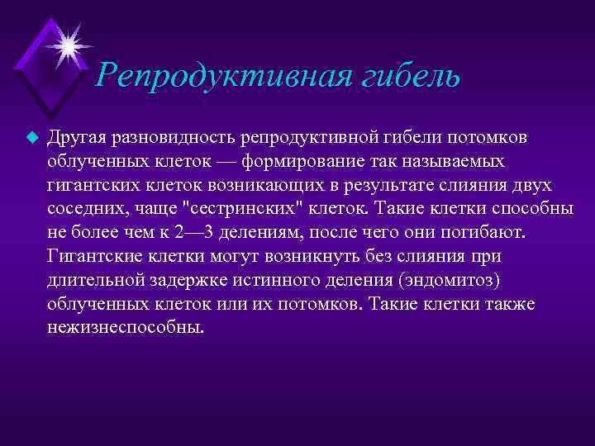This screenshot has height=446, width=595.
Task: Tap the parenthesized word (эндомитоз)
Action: click(450, 280)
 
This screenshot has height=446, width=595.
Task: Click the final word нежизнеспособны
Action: click(125, 327)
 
